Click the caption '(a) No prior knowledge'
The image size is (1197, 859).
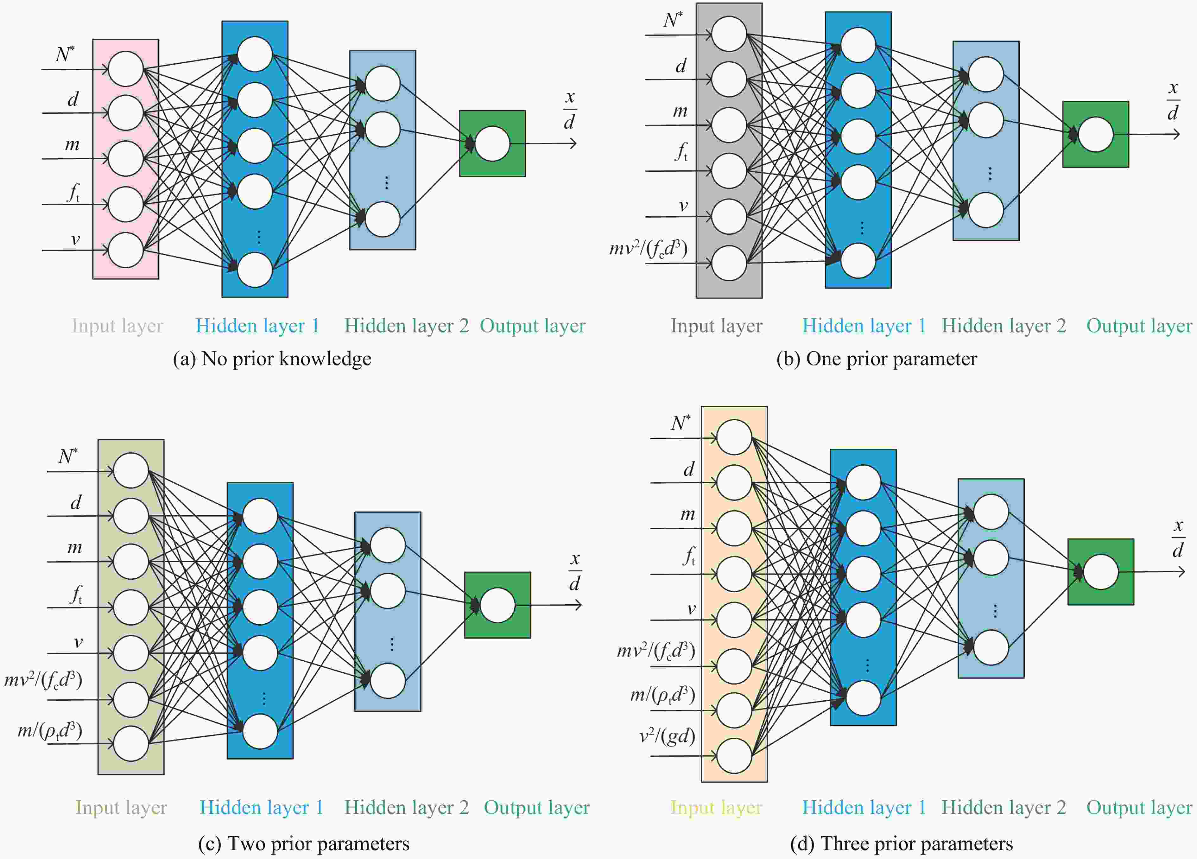(272, 359)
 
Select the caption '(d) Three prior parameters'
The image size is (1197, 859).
(901, 844)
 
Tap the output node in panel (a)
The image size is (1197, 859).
(492, 143)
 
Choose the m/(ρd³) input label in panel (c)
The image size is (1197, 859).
(50, 731)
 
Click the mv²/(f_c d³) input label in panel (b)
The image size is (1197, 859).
(648, 248)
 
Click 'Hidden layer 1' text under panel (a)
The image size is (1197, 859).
(257, 326)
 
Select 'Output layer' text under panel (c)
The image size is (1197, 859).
(537, 807)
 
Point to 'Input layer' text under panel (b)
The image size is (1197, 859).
(716, 326)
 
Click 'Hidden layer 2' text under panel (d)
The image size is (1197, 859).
(1004, 807)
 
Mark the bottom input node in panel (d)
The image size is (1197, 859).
(734, 755)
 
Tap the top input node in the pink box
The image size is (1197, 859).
(126, 69)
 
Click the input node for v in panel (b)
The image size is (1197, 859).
(729, 216)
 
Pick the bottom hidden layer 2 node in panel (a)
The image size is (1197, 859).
(383, 219)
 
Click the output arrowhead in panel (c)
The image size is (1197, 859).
(579, 605)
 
